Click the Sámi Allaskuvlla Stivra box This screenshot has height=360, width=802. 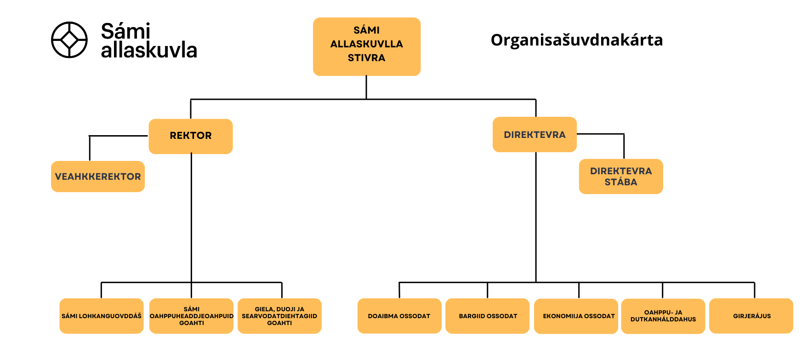[x=366, y=46]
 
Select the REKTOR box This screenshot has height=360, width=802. [x=190, y=136]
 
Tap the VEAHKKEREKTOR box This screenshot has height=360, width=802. [x=98, y=177]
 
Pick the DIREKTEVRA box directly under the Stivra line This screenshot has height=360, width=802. [x=535, y=135]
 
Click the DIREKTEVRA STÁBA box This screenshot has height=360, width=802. [x=620, y=177]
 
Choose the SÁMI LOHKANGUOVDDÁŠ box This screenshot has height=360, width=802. [x=102, y=316]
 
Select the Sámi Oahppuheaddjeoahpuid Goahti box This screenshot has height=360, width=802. [x=192, y=316]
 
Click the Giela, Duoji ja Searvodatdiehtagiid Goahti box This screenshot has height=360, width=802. [x=279, y=316]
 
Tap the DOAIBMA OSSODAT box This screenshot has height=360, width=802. [x=399, y=316]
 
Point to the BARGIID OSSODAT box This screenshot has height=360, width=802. [x=488, y=316]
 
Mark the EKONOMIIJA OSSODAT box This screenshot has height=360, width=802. [x=579, y=316]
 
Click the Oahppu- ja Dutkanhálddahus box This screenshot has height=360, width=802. [x=663, y=316]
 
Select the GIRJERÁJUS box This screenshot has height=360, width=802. [x=751, y=316]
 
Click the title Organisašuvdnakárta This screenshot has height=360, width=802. [x=576, y=40]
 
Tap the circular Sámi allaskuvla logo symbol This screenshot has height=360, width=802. [x=69, y=40]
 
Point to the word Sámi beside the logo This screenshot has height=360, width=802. [x=125, y=31]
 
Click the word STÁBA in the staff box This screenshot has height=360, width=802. [x=620, y=182]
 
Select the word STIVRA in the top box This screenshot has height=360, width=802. [x=366, y=58]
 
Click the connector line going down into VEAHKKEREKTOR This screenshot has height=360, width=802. [x=90, y=149]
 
